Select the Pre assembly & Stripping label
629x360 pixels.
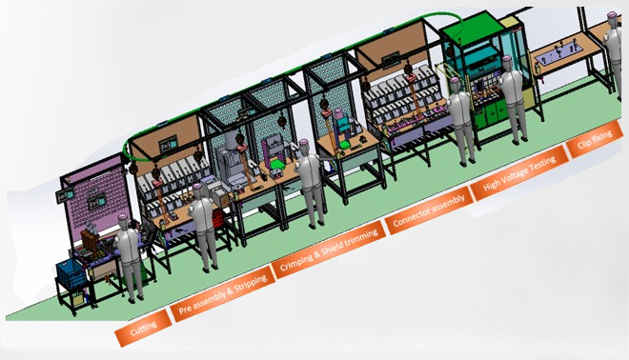point(223,293)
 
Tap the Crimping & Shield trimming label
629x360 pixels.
point(330,250)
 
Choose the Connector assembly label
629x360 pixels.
point(429,210)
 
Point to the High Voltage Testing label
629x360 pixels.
point(520,172)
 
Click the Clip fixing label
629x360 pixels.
point(595,139)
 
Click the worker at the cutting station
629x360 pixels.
point(130,257)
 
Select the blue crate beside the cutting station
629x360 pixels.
point(71,273)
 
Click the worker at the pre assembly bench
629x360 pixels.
point(203,228)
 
